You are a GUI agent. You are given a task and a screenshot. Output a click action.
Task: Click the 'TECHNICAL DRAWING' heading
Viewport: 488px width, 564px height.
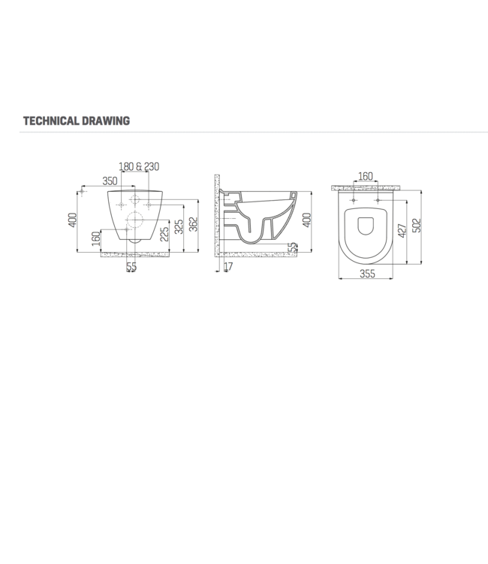(x=77, y=120)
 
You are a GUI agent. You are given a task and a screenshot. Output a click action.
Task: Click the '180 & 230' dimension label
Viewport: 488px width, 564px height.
(x=140, y=167)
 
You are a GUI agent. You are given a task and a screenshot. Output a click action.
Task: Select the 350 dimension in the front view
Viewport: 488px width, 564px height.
(x=110, y=181)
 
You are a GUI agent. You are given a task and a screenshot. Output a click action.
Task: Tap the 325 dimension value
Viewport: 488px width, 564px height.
(x=179, y=226)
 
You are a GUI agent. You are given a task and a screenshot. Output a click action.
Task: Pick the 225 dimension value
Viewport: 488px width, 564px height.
(x=164, y=235)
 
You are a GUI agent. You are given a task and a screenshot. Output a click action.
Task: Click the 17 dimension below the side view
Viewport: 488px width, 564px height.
(x=228, y=267)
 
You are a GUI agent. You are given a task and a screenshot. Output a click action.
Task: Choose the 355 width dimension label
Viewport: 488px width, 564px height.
(x=366, y=274)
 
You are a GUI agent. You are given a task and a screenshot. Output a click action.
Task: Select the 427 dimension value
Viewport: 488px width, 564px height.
(x=402, y=231)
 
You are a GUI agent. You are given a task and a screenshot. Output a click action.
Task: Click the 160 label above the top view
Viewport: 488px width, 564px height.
(x=365, y=177)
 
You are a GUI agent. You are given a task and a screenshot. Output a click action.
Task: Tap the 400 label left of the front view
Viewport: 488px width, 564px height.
(x=73, y=220)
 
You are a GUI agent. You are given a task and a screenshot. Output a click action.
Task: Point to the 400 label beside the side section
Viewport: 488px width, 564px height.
(x=306, y=220)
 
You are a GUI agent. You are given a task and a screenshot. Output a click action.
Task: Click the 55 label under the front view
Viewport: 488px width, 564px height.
(x=131, y=267)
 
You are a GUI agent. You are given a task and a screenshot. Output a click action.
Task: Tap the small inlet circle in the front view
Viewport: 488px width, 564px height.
(x=135, y=200)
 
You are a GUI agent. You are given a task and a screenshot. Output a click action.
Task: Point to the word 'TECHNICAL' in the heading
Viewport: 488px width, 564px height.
(x=48, y=120)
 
